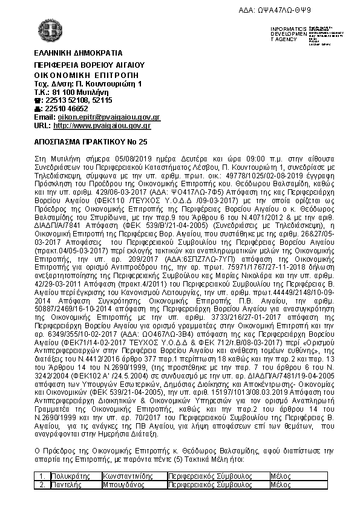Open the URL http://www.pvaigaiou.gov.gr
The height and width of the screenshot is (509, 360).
click(x=102, y=125)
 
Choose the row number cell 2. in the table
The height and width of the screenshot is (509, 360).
click(x=42, y=485)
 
